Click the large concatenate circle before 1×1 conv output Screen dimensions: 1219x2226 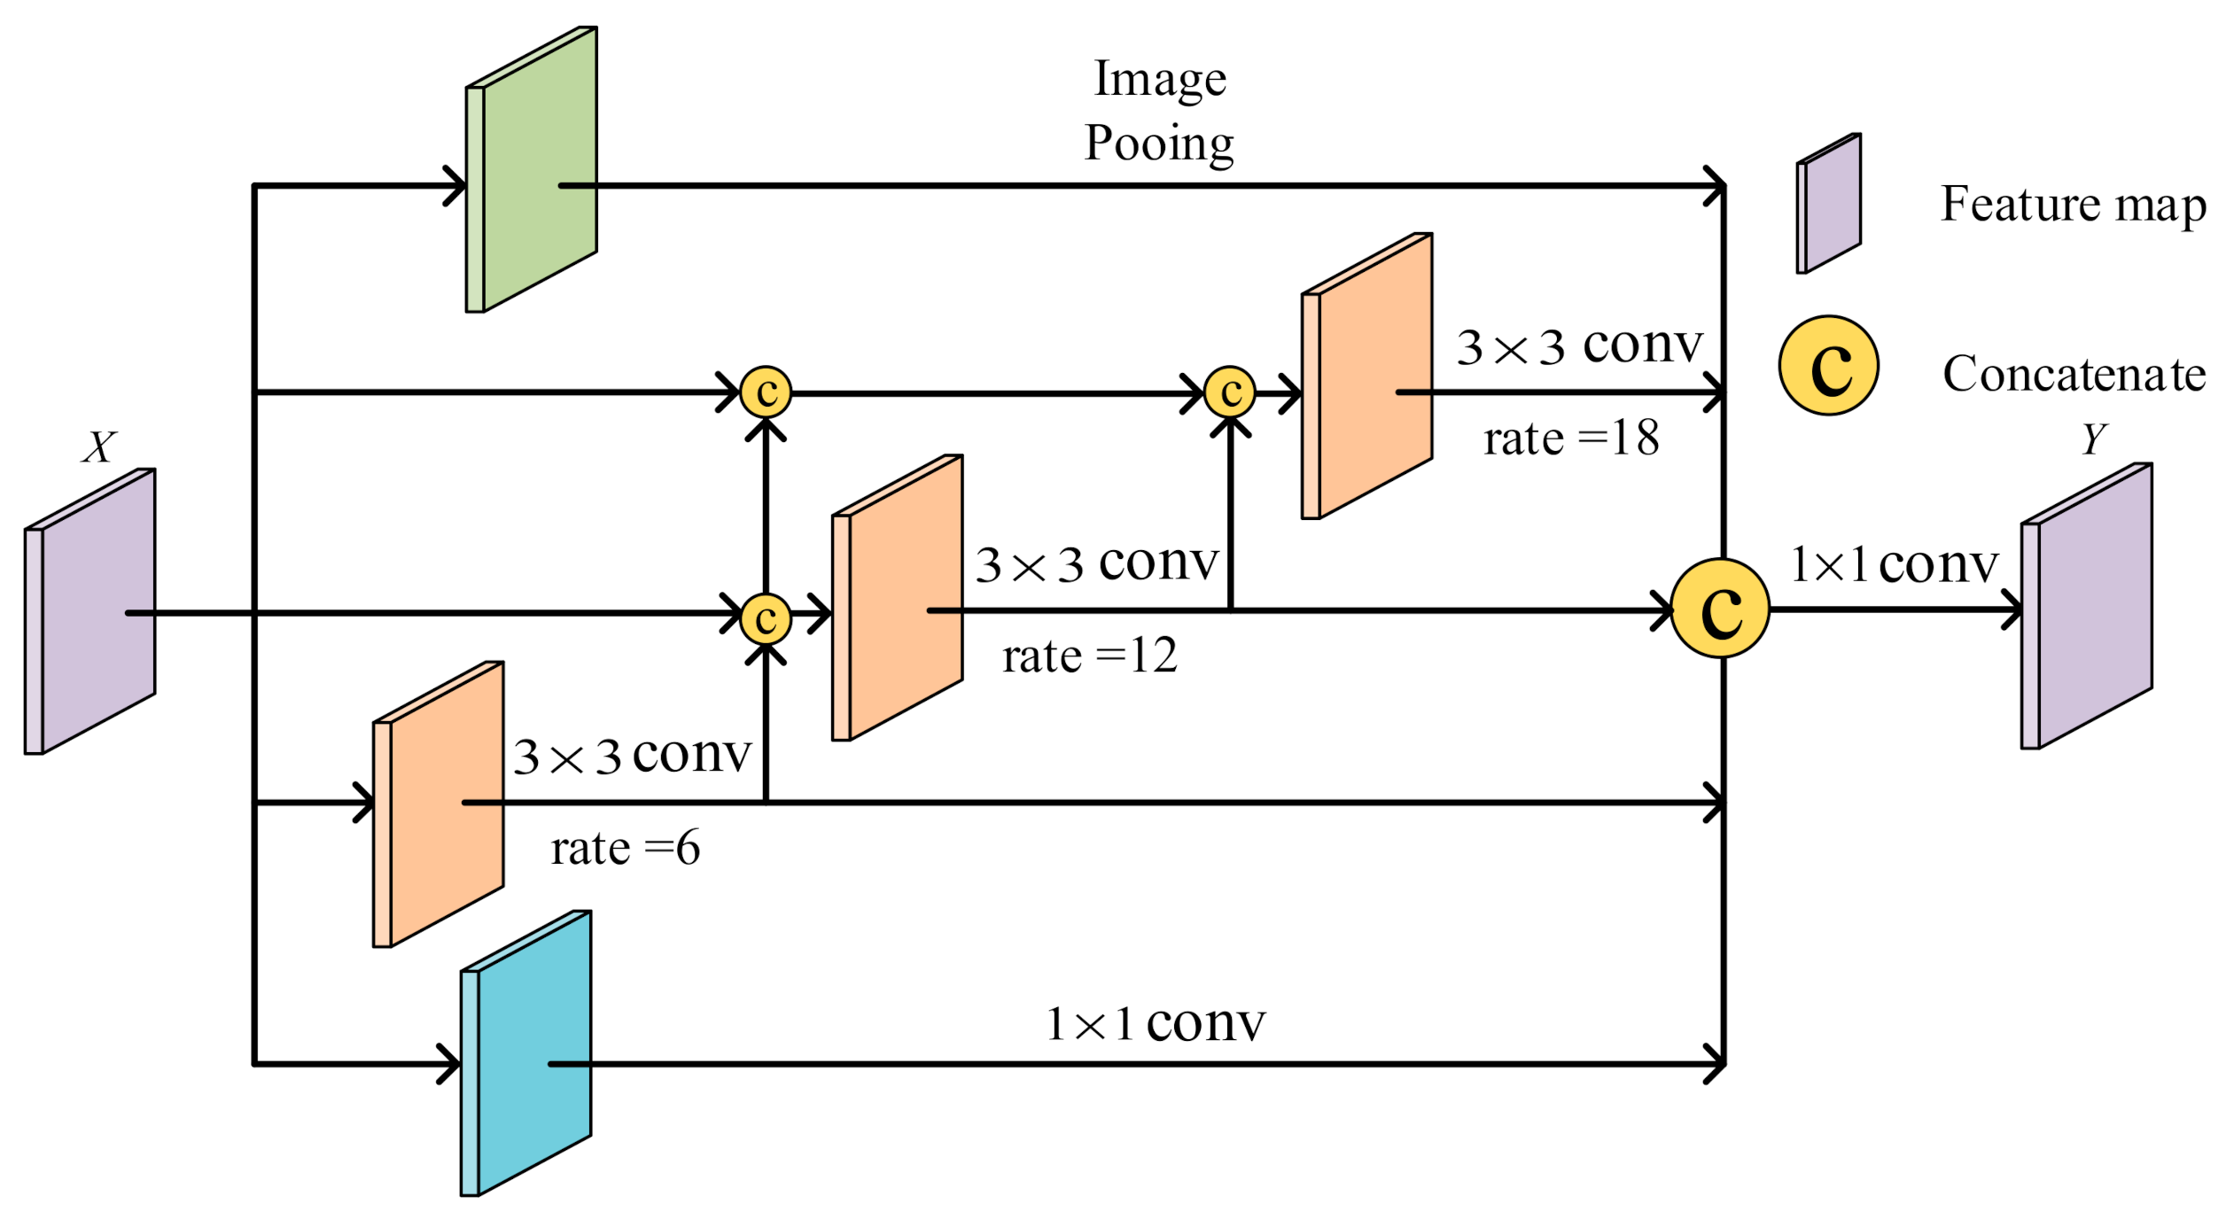coord(1720,609)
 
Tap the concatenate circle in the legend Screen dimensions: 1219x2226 coord(1828,366)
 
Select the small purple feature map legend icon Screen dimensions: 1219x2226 coord(1828,204)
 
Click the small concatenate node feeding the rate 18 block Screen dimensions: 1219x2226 coord(1230,392)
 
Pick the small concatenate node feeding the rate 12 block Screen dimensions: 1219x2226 coord(766,617)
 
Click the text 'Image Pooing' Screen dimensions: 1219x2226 coord(1159,111)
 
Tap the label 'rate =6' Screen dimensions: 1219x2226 coord(625,849)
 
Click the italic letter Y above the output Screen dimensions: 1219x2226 coord(2093,439)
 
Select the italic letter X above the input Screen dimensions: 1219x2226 coord(99,447)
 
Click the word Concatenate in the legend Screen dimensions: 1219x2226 coord(2074,374)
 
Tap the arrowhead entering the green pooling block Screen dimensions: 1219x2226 coord(456,186)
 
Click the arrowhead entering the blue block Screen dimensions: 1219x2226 coord(451,1064)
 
